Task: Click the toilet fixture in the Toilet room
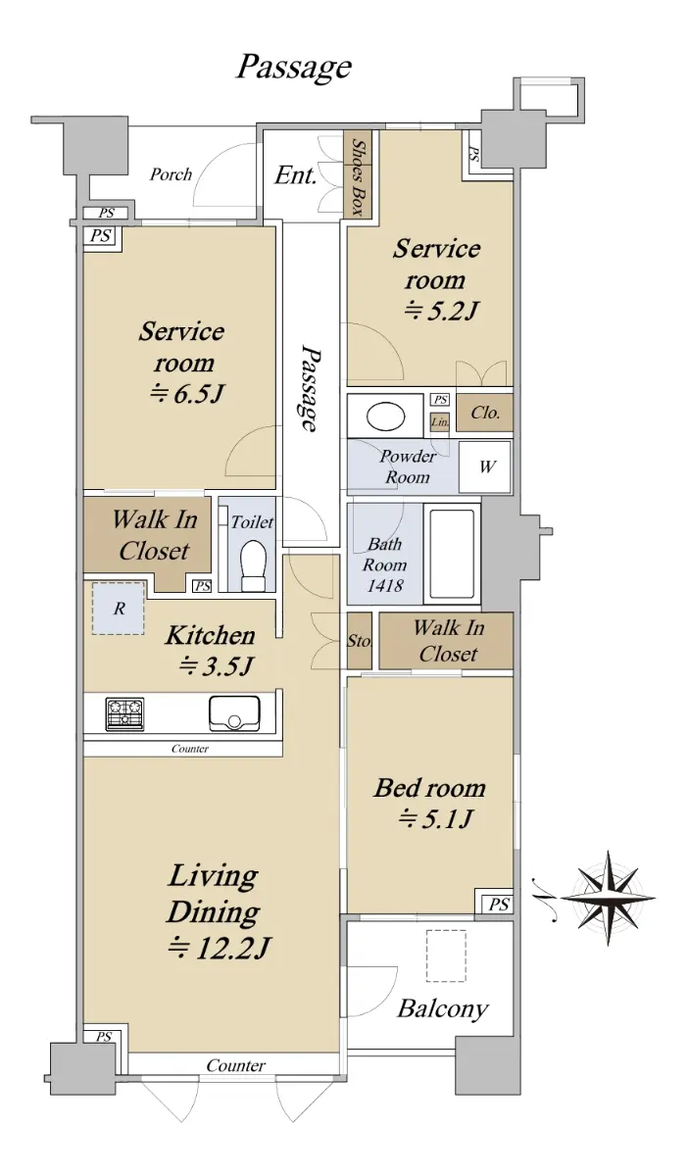pos(254,566)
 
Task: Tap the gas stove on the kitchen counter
pos(125,714)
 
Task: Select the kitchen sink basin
pos(234,713)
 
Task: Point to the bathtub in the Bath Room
pos(452,555)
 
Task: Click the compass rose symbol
pos(608,898)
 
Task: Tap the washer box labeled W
pos(485,466)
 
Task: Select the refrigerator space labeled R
pos(119,608)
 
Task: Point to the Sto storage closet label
pos(359,641)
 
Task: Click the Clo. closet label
pos(485,413)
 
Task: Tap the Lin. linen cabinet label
pos(440,421)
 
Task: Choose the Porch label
pos(171,174)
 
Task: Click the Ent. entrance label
pos(296,174)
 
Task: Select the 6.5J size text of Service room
pos(188,394)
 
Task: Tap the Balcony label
pos(443,1008)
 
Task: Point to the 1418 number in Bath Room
pos(385,585)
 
